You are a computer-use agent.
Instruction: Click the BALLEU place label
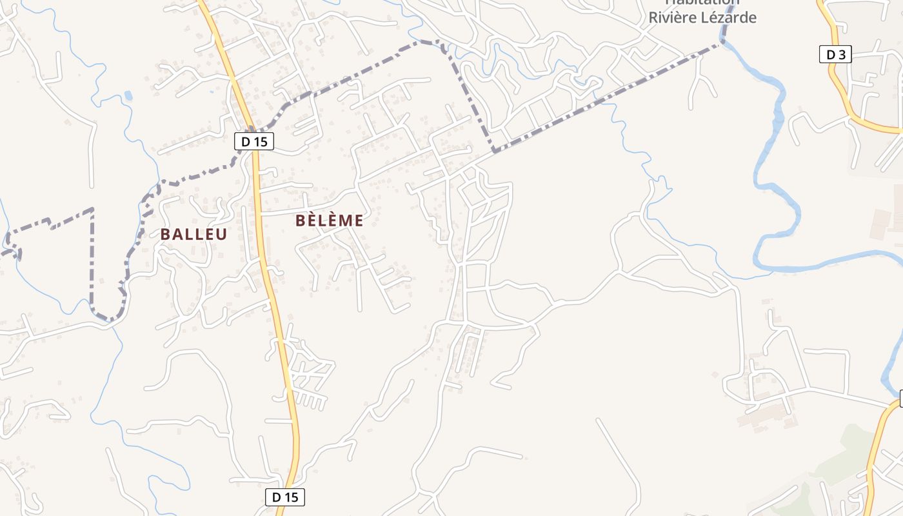click(193, 234)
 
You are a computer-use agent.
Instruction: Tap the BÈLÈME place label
click(329, 221)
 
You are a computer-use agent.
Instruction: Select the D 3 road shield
click(835, 55)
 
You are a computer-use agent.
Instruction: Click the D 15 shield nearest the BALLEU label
click(254, 141)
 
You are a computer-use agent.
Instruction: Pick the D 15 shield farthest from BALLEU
click(284, 497)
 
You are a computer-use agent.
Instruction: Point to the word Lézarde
click(731, 17)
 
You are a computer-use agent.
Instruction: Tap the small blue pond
click(128, 96)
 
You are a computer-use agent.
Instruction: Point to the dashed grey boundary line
click(580, 106)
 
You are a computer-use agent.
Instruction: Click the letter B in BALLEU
click(165, 234)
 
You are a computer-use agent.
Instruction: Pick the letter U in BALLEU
click(222, 234)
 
